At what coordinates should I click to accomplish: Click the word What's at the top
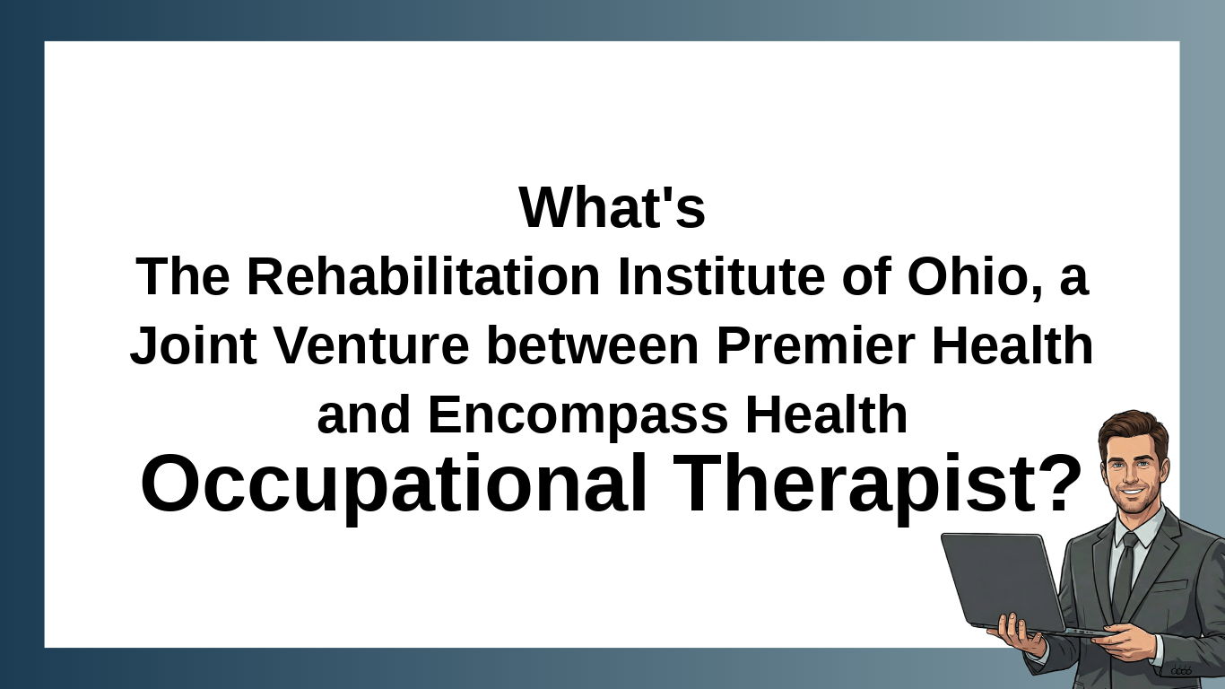point(612,207)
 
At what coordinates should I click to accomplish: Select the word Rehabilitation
point(424,276)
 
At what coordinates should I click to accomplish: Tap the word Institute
point(721,276)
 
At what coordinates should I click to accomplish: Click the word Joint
point(193,344)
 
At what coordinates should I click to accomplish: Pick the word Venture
point(371,344)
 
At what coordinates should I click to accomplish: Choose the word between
point(593,344)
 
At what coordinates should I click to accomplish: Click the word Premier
point(816,344)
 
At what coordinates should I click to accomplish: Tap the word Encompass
point(578,414)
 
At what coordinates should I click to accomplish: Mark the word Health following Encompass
point(826,414)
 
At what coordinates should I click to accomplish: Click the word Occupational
point(395,485)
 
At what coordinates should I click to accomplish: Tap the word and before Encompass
point(364,414)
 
